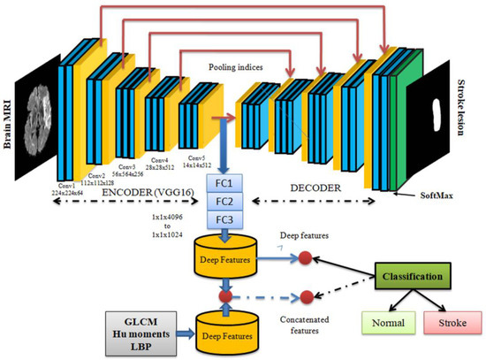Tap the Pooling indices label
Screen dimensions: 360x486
tap(233, 66)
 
